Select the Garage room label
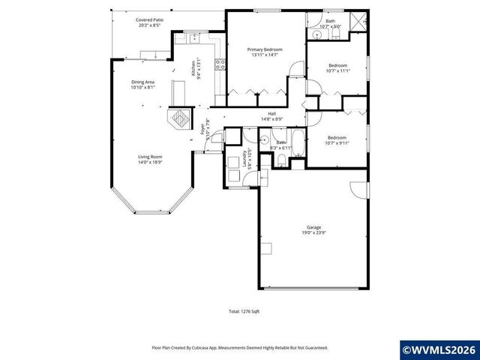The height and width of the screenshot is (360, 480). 313,229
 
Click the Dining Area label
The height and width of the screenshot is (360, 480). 142,84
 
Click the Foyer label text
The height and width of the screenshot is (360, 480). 203,130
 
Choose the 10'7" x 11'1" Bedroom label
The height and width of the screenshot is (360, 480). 337,68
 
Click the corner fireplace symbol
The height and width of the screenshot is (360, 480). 180,118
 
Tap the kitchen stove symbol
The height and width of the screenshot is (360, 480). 220,64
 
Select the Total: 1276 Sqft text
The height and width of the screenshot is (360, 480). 244,311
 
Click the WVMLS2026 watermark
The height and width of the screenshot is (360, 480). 439,349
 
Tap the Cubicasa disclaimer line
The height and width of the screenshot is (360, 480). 239,347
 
